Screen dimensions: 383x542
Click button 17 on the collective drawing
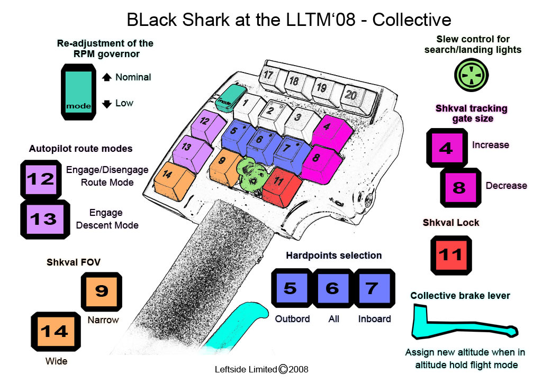[x=268, y=76]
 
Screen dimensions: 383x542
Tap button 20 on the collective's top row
[x=350, y=96]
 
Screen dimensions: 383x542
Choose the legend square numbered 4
[x=447, y=148]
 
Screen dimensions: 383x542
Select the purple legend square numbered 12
[x=41, y=179]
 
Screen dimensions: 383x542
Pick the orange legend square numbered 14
[x=54, y=332]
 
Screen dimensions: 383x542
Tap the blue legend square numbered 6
[x=332, y=289]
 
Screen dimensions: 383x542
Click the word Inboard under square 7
[x=374, y=319]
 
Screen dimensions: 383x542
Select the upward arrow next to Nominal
[x=106, y=77]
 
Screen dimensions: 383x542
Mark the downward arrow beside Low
[x=106, y=104]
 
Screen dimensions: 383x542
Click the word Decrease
[x=507, y=186]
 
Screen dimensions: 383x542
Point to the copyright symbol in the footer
[x=283, y=369]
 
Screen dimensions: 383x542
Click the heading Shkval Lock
[x=451, y=223]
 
